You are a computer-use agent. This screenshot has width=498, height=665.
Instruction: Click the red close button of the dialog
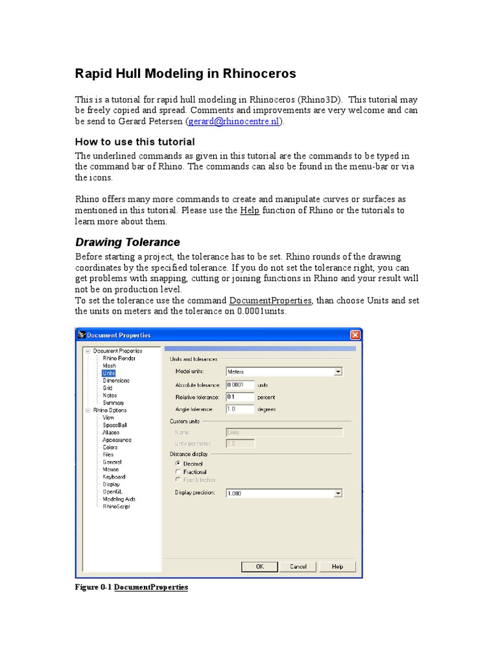[355, 335]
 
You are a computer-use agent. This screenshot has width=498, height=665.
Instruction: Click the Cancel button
[298, 566]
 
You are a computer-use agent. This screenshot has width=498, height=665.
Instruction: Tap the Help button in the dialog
[337, 566]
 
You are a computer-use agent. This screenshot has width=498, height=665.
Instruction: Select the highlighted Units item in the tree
[108, 373]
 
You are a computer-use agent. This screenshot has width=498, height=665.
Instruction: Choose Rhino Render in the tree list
[119, 358]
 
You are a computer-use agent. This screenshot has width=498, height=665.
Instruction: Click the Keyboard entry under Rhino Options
[113, 477]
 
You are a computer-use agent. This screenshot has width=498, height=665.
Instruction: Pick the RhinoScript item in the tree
[116, 507]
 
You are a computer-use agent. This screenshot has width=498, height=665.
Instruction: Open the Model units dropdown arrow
[338, 372]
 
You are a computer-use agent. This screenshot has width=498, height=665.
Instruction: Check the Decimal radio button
[178, 464]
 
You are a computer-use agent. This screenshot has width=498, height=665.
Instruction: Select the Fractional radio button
[178, 472]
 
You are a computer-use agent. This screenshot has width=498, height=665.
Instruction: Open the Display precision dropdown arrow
[338, 494]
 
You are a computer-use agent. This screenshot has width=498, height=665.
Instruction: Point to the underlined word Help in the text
[250, 210]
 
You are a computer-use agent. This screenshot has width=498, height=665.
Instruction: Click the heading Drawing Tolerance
[128, 242]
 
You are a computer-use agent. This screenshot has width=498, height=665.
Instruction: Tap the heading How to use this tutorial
[135, 142]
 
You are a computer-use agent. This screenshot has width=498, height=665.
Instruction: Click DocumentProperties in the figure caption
[151, 587]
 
